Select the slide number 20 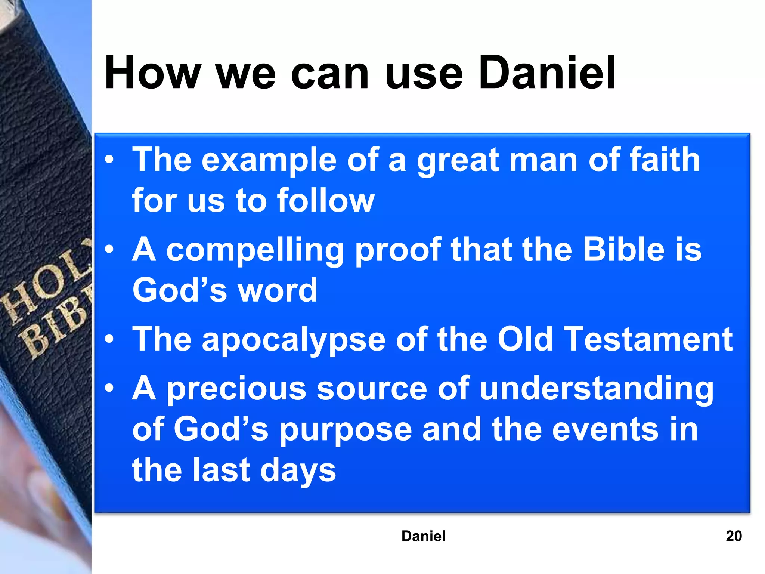[734, 536]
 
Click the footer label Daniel [423, 536]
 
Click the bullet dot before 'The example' [109, 160]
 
